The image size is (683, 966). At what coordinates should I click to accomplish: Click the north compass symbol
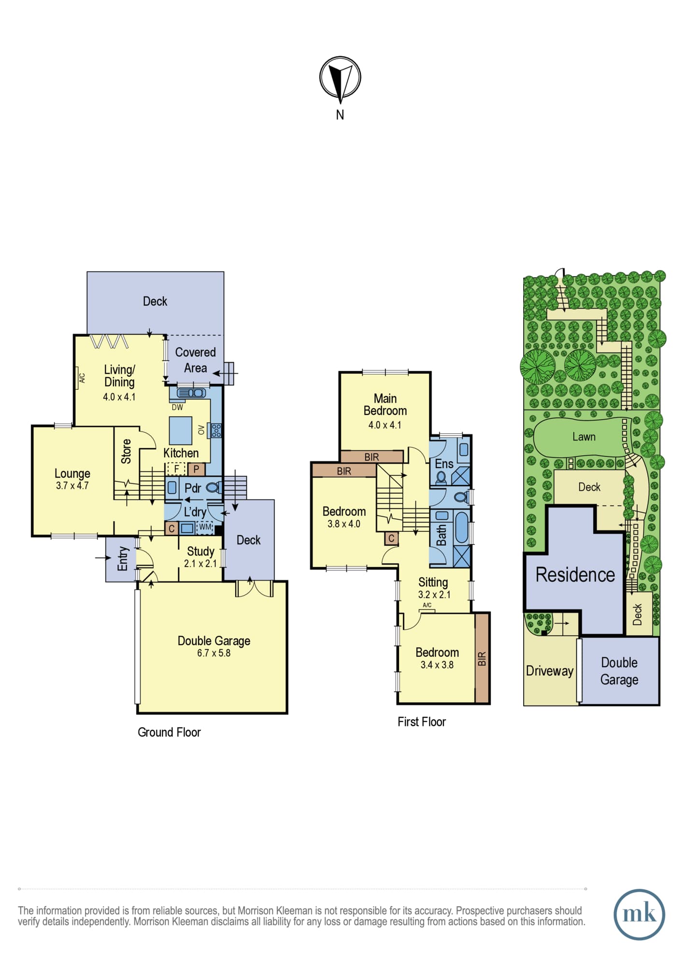click(340, 78)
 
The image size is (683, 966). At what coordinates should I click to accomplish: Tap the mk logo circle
click(639, 914)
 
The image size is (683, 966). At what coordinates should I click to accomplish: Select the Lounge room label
click(72, 473)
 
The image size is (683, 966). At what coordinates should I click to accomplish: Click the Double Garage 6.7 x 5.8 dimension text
click(213, 653)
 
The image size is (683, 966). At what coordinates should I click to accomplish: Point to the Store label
click(126, 452)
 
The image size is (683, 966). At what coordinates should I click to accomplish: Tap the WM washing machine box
click(205, 527)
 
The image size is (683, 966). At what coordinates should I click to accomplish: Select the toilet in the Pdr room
click(213, 488)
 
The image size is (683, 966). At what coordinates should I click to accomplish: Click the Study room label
click(200, 551)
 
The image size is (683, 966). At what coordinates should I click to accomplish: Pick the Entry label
click(123, 559)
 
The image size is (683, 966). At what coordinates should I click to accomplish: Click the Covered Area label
click(195, 360)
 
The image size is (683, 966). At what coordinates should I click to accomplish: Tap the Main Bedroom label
click(385, 404)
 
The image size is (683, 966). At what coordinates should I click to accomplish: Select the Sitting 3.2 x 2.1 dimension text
click(434, 595)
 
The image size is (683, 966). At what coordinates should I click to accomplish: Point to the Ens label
click(444, 464)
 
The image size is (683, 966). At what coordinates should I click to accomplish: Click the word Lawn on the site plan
click(584, 437)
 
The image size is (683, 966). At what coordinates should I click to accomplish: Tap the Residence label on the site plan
click(575, 575)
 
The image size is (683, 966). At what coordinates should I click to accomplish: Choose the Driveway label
click(550, 671)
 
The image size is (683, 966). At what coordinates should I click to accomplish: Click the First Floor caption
click(422, 722)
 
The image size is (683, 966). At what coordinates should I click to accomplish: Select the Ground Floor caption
click(169, 732)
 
